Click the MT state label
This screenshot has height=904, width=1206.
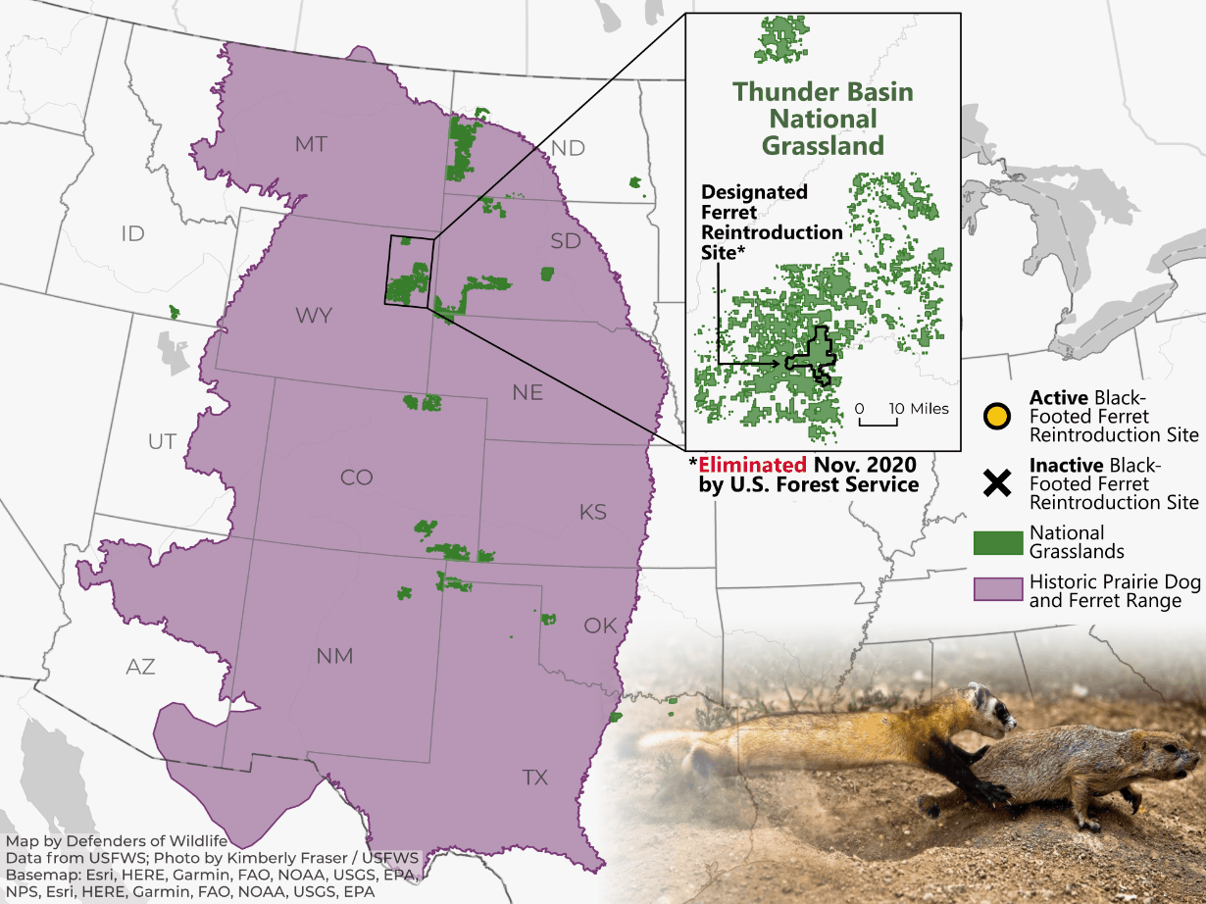click(x=311, y=145)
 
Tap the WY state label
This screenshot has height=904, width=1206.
click(x=314, y=316)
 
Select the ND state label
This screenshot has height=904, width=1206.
click(x=568, y=148)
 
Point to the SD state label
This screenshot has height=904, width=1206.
click(x=566, y=240)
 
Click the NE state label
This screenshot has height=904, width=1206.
click(x=527, y=392)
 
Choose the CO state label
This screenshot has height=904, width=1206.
click(x=356, y=477)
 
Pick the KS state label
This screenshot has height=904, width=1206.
click(x=593, y=512)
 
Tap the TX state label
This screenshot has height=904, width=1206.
click(x=534, y=778)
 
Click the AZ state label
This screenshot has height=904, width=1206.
click(x=140, y=667)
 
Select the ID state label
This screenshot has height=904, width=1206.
click(x=132, y=233)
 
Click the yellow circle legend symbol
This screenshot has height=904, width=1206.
click(x=996, y=416)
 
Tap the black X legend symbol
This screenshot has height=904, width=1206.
click(x=996, y=482)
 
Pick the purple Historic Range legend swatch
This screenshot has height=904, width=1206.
click(x=996, y=589)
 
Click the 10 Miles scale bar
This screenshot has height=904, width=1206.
click(x=879, y=420)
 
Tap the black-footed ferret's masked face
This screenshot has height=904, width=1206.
click(x=989, y=705)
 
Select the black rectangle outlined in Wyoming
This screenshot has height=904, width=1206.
click(x=410, y=272)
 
